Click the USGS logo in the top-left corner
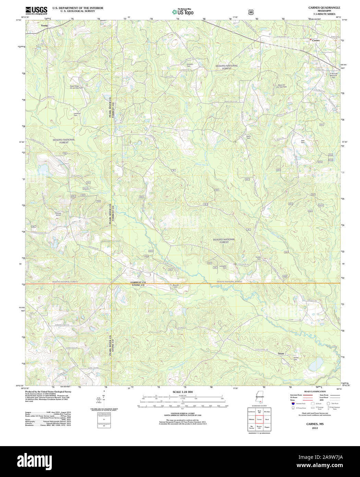tap(36, 10)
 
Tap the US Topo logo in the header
tap(183, 12)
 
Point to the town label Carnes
tap(316, 40)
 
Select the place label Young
tap(44, 25)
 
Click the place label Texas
tap(281, 353)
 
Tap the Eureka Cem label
tap(259, 258)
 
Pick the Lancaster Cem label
tap(223, 267)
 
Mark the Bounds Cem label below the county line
tap(176, 286)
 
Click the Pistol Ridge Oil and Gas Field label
tap(76, 87)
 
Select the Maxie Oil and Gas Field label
tap(281, 86)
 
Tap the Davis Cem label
tap(249, 137)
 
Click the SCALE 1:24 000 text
tap(182, 392)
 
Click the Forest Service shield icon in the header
tap(251, 12)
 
